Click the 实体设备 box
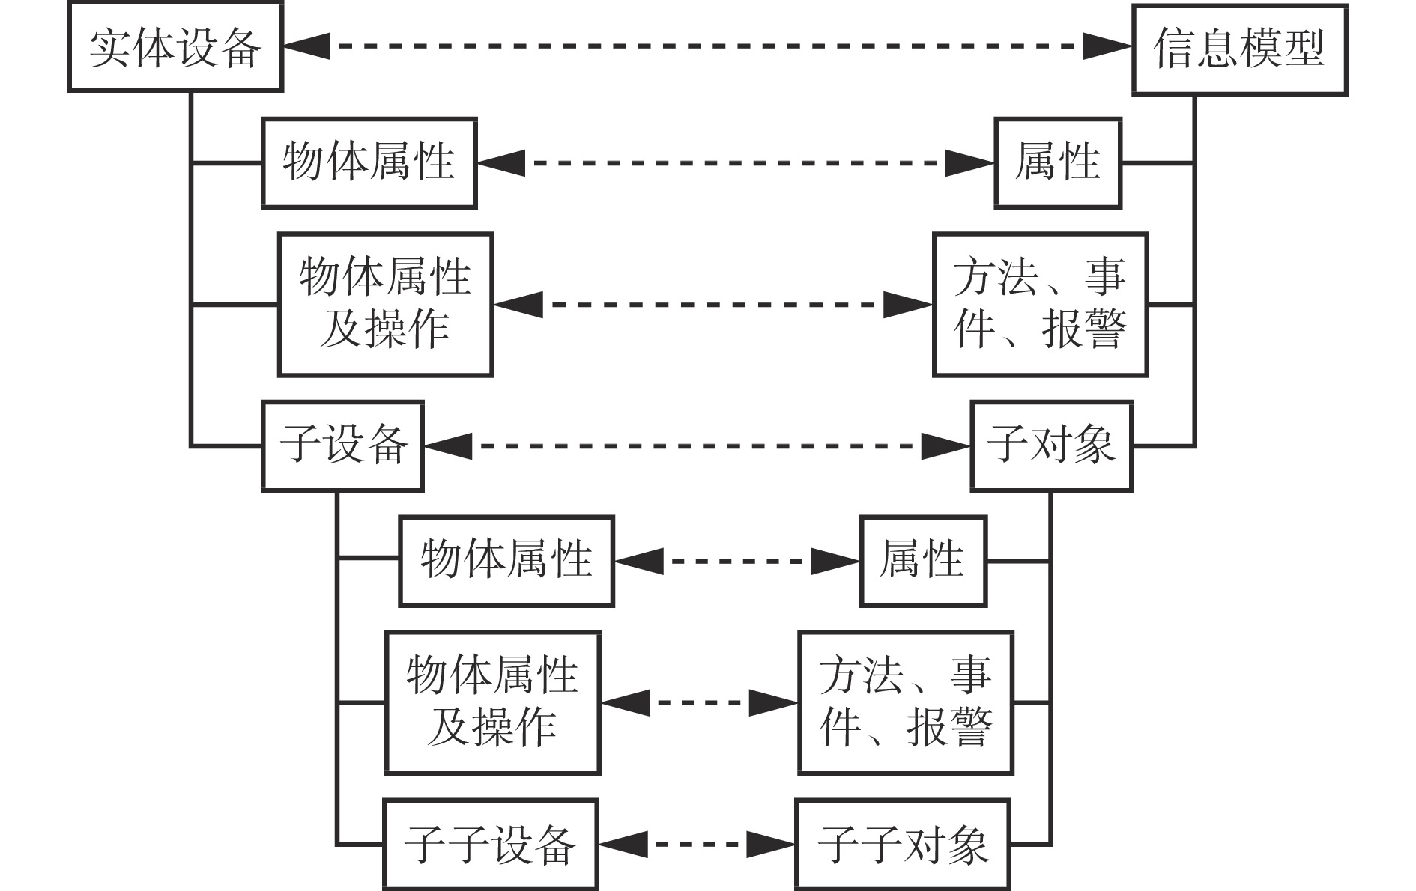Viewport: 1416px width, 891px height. (175, 47)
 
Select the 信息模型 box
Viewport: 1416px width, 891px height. (1239, 49)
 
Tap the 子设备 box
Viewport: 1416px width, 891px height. (342, 446)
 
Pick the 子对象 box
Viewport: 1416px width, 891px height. (1051, 446)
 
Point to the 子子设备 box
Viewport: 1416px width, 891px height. (491, 845)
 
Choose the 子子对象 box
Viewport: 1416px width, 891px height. (903, 845)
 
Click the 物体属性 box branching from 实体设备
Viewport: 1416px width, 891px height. (369, 162)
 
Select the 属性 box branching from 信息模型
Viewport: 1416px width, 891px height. (1057, 162)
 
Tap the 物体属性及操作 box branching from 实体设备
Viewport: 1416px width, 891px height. (385, 304)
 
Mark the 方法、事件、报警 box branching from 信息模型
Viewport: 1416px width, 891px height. (1040, 304)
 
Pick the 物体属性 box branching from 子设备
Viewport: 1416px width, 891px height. (506, 560)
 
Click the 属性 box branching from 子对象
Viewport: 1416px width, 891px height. (922, 560)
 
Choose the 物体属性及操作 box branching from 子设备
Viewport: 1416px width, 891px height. (492, 702)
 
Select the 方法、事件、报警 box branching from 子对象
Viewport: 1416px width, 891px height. (905, 702)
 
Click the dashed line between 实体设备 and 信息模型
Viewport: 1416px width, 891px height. (707, 46)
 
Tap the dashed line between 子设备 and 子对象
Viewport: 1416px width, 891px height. (697, 446)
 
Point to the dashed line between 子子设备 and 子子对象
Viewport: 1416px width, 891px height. (697, 845)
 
